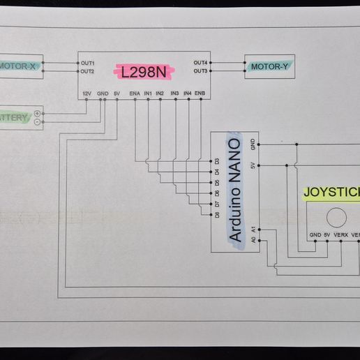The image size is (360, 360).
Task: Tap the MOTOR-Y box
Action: [269, 67]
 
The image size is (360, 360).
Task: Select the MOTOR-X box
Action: [20, 67]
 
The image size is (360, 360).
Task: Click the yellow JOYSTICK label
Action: [332, 193]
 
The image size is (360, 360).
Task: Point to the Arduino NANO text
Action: [235, 190]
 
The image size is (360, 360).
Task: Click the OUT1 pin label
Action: [87, 63]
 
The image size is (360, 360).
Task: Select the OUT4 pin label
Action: [200, 63]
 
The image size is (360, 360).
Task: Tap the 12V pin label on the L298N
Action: [87, 93]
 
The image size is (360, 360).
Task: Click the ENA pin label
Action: [135, 93]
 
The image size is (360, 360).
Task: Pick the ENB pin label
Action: [200, 93]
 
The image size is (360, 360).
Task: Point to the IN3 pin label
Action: [174, 93]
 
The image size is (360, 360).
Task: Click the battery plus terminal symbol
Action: [37, 113]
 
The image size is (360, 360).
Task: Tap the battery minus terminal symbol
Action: [37, 121]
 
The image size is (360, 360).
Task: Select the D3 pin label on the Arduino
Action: [217, 162]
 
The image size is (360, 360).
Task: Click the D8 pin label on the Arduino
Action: [217, 214]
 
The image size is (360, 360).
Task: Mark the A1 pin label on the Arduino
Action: [253, 228]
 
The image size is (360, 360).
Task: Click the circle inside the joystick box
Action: [338, 216]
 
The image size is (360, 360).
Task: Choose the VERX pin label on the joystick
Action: [341, 234]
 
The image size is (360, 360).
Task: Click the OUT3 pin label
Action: [200, 71]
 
